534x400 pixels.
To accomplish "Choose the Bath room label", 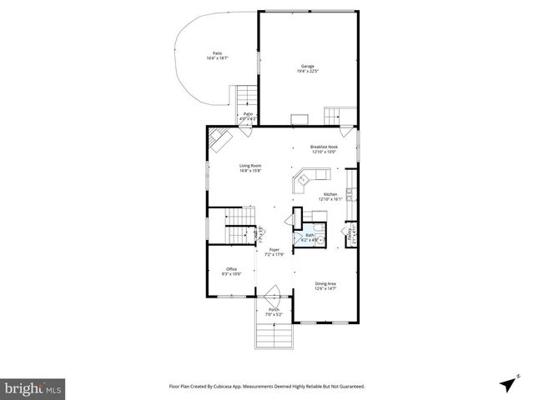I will pyautogui.click(x=309, y=236).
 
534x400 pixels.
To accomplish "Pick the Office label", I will pyautogui.click(x=231, y=271).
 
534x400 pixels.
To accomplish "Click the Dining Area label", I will pyautogui.click(x=325, y=286).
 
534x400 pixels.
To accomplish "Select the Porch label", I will pyautogui.click(x=273, y=312).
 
